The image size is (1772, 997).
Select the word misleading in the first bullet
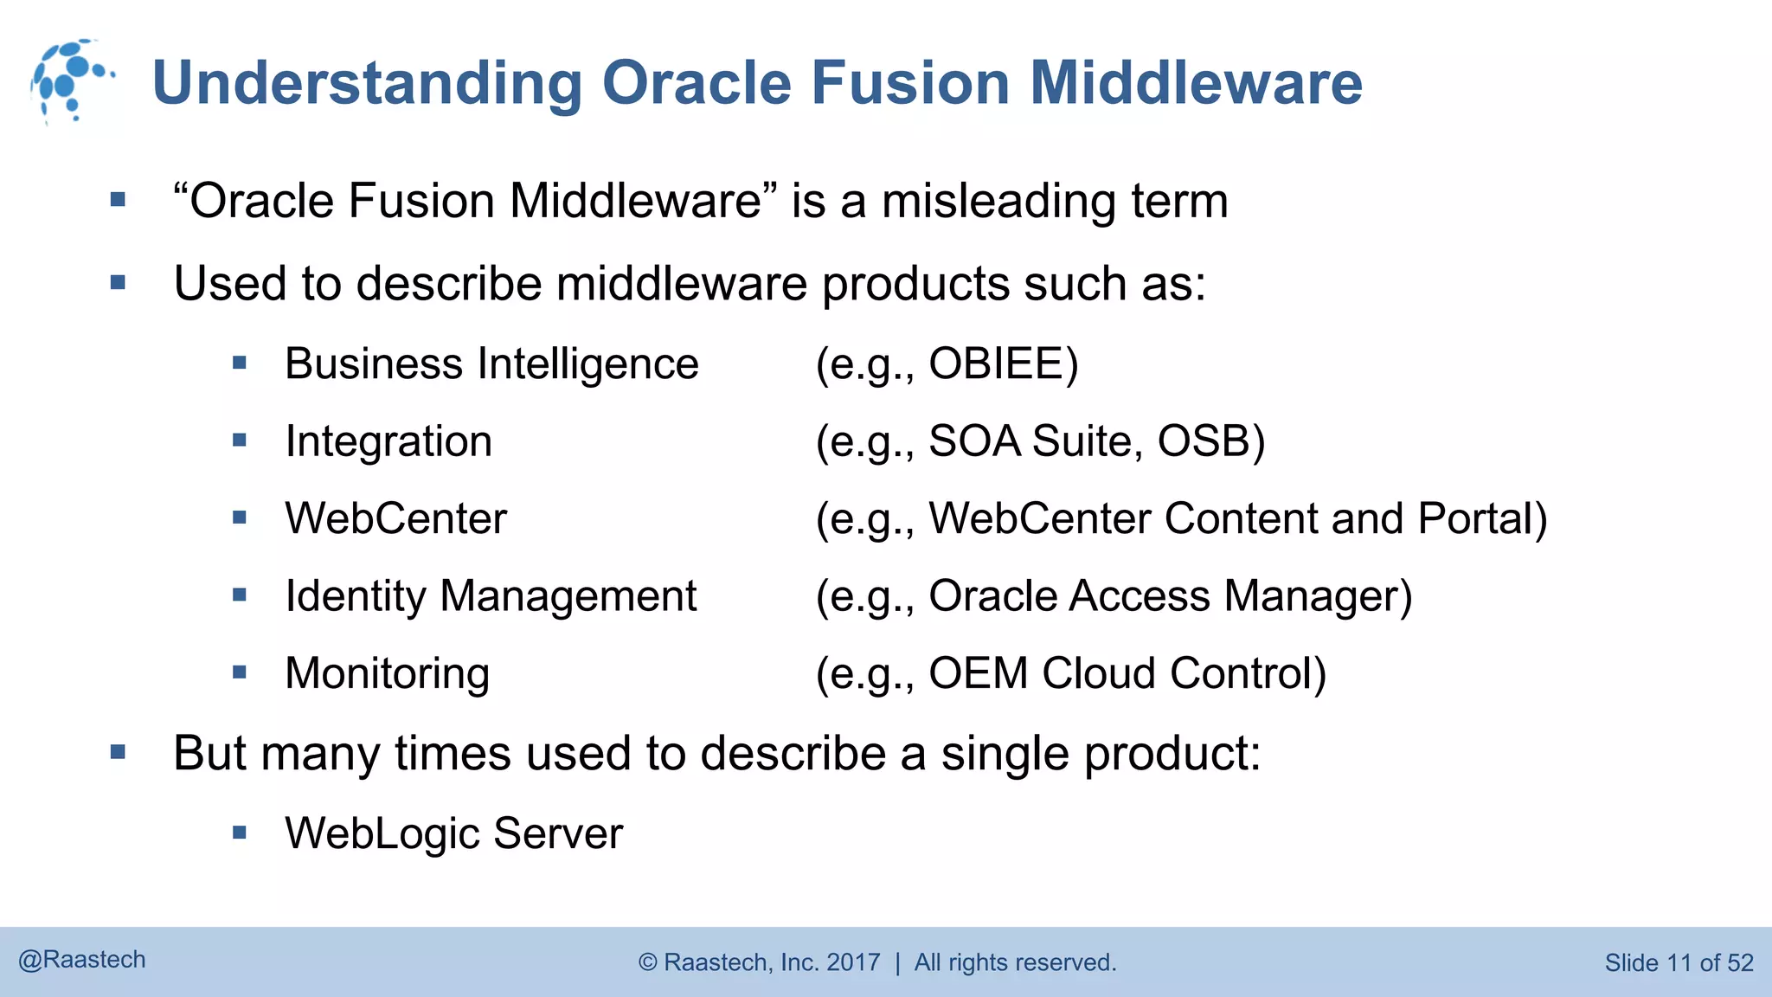[x=998, y=202]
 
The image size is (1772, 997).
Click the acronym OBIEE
[x=1002, y=363]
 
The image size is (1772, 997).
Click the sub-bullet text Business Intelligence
[x=491, y=363]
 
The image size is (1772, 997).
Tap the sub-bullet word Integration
[x=388, y=441]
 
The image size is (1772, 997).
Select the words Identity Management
[x=491, y=596]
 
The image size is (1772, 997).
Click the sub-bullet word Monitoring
[x=387, y=673]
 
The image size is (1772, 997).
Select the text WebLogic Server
[x=453, y=833]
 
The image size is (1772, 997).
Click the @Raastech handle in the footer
[x=82, y=960]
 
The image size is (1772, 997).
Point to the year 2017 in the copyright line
[x=853, y=962]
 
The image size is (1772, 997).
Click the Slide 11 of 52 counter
[x=1678, y=962]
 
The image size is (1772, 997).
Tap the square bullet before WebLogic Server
[x=240, y=833]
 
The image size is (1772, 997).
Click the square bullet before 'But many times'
[x=119, y=752]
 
